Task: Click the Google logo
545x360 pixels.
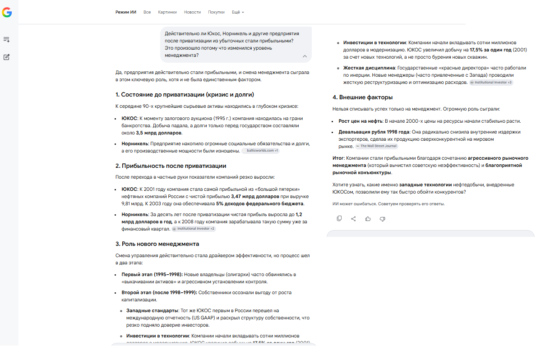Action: (7, 13)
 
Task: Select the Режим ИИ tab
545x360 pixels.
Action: (126, 12)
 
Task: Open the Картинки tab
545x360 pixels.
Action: (167, 12)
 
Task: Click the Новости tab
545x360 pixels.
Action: (193, 12)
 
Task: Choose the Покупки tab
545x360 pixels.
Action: (216, 12)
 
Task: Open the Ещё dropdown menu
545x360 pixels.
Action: (238, 12)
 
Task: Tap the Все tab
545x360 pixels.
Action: (147, 12)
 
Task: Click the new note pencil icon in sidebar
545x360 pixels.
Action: (7, 57)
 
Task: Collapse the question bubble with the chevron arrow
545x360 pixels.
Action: (305, 56)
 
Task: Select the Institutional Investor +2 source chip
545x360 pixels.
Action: (194, 229)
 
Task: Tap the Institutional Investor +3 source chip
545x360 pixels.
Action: (491, 83)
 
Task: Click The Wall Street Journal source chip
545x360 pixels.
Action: (377, 146)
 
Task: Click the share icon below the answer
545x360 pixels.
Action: (353, 219)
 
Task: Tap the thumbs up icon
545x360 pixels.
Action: (368, 219)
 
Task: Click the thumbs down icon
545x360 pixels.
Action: (382, 219)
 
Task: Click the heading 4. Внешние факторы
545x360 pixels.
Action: (362, 97)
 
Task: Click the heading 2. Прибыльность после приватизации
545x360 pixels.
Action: (171, 166)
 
